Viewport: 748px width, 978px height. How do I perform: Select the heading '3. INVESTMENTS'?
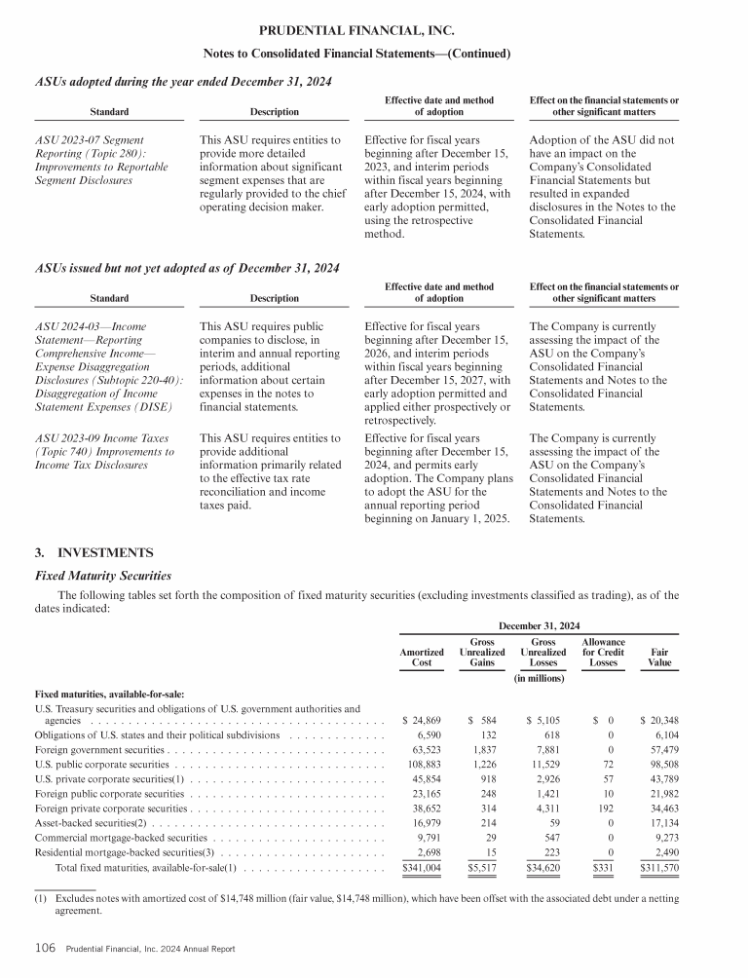(x=93, y=553)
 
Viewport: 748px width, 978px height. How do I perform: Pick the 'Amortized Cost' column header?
(x=422, y=658)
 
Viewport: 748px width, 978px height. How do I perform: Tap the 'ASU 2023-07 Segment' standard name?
(x=89, y=140)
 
